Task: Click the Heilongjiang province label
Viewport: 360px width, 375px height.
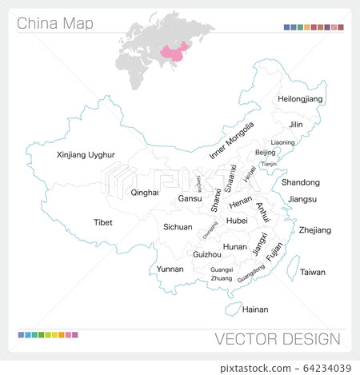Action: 300,98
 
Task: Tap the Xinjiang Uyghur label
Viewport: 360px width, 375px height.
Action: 86,154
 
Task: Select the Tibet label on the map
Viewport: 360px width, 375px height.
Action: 103,222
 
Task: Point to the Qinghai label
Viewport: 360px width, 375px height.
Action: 145,193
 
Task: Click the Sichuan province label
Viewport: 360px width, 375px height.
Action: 178,227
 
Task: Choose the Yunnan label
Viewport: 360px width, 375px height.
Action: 170,269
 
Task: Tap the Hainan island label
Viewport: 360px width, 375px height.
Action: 255,309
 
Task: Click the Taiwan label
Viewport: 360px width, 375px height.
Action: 313,272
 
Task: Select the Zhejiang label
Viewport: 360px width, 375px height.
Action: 314,230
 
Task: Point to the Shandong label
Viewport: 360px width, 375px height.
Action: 301,182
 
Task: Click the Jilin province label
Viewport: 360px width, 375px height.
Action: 297,125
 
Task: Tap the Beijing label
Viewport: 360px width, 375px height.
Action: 265,152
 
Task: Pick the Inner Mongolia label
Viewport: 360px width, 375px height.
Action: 231,141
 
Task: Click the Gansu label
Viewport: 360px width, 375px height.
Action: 190,198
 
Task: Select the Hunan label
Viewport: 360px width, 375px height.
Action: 235,247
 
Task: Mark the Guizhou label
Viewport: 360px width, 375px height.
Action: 207,253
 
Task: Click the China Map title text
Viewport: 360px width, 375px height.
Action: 54,23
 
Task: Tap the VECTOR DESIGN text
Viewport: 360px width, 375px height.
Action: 277,339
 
